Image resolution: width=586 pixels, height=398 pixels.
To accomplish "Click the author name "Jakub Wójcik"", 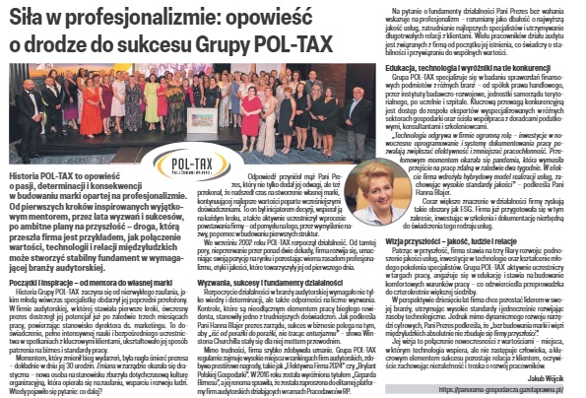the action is pos(555,376).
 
